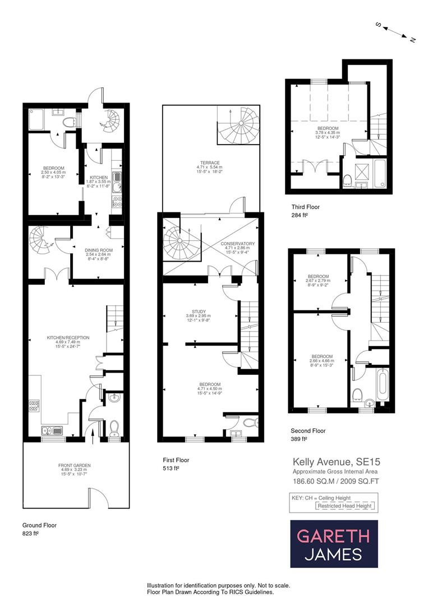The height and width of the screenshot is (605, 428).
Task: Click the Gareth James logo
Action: point(333,543)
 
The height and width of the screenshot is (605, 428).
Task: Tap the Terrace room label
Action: point(209,164)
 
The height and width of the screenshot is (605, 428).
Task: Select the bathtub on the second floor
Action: point(383,384)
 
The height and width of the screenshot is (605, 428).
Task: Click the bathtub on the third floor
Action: point(379,173)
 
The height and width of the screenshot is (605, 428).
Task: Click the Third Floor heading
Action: point(305,207)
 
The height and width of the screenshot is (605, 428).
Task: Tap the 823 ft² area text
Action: point(31,534)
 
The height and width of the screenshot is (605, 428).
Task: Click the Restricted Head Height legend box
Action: point(344,506)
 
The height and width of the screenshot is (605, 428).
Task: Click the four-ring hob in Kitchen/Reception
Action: point(34,406)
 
